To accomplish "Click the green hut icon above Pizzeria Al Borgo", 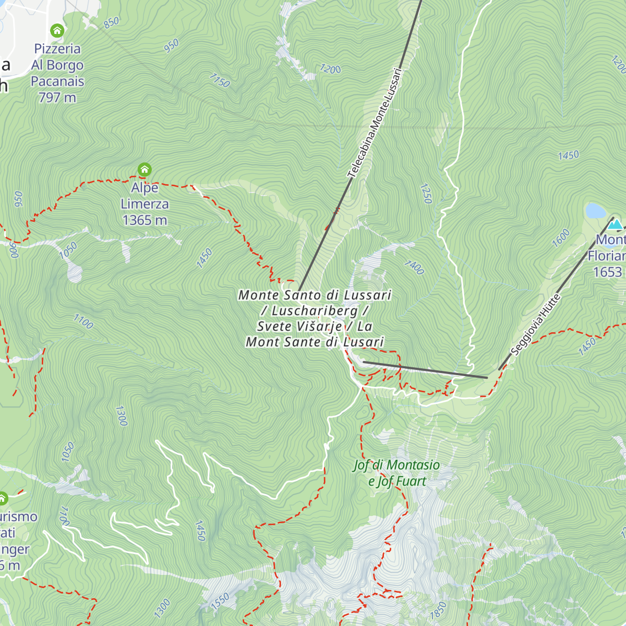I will (57, 31).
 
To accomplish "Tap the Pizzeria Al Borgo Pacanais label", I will (57, 65).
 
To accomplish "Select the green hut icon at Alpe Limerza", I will (145, 170).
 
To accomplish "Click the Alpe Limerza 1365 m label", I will (145, 204).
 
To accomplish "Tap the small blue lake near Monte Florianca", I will (595, 211).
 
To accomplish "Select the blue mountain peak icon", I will (616, 224).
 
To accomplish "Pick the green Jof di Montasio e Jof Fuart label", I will (396, 473).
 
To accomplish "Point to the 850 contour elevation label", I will (111, 23).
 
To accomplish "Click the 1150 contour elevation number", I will (220, 80).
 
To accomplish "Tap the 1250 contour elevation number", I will (426, 194).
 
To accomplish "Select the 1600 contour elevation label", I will (561, 238).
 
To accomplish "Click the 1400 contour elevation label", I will (414, 267).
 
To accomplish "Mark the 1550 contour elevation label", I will (220, 601).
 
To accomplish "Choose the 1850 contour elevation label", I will (438, 610).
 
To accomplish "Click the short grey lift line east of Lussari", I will (425, 369).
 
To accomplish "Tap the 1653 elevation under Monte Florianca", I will (608, 272).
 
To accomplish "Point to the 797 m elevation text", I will (57, 98).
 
